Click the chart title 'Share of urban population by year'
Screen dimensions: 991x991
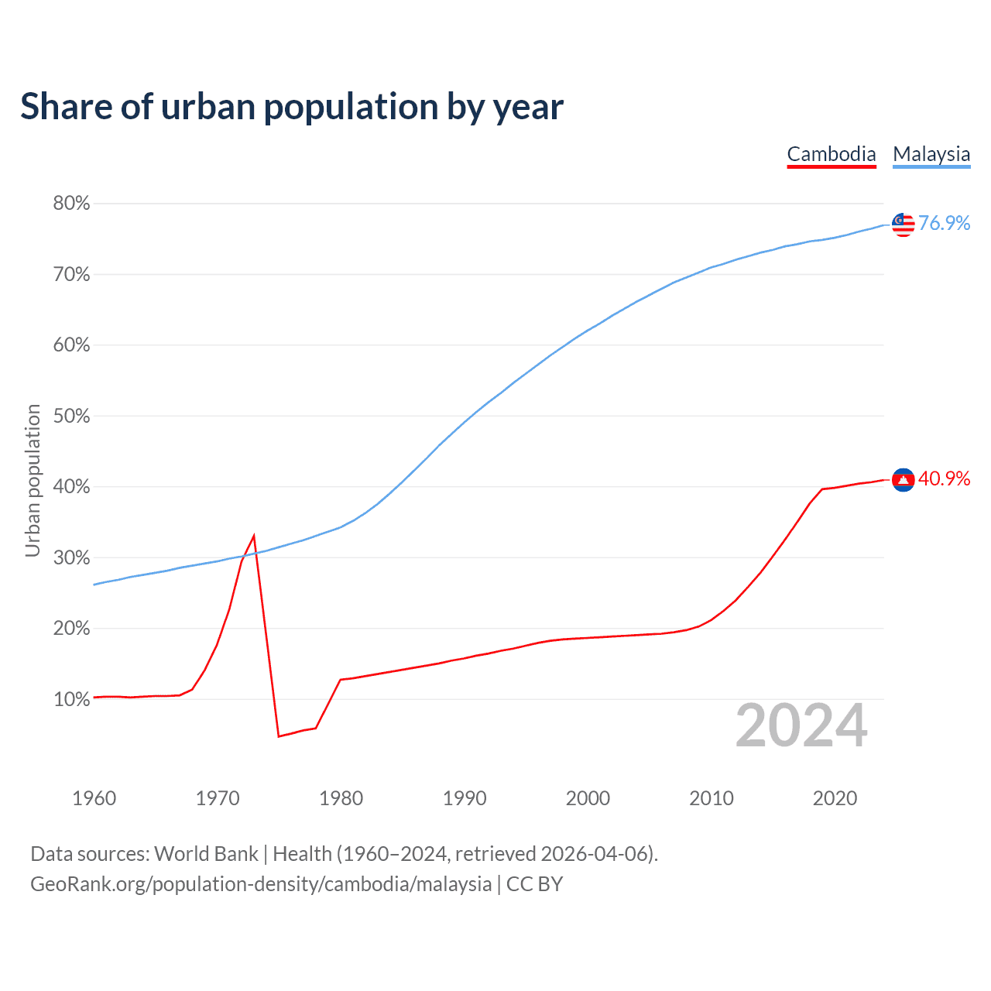point(292,107)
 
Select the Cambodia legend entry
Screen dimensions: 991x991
point(832,155)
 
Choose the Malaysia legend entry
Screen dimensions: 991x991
point(931,155)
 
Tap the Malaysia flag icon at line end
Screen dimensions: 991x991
point(903,225)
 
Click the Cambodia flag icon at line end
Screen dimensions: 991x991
point(903,480)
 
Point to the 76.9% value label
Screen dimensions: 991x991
point(945,224)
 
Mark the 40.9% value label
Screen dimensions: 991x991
point(945,479)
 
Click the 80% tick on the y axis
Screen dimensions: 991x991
point(71,204)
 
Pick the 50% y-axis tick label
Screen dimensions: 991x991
point(71,417)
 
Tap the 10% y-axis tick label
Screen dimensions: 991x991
point(71,700)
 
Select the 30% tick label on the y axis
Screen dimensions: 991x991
point(71,558)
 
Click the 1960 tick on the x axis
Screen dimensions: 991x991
point(94,799)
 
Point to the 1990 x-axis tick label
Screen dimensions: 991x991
point(465,799)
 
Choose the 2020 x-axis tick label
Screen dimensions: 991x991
point(835,799)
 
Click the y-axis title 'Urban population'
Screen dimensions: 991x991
point(33,480)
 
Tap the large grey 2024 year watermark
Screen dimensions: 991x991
point(801,726)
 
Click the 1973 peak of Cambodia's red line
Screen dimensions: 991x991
point(254,536)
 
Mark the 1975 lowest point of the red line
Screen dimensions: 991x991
point(279,736)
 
